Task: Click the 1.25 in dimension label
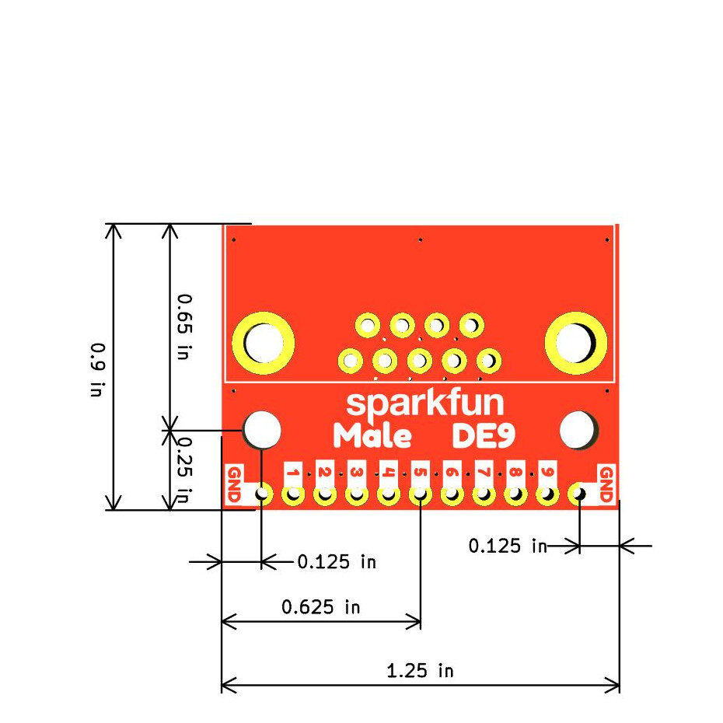[x=420, y=669]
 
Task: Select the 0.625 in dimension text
[x=320, y=606]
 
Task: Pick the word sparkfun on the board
[x=424, y=403]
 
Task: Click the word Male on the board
[x=372, y=437]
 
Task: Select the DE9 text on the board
[x=484, y=437]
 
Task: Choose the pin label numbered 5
[x=420, y=472]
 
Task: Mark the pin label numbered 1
[x=293, y=472]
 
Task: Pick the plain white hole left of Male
[x=263, y=428]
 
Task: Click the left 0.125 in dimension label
[x=337, y=561]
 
